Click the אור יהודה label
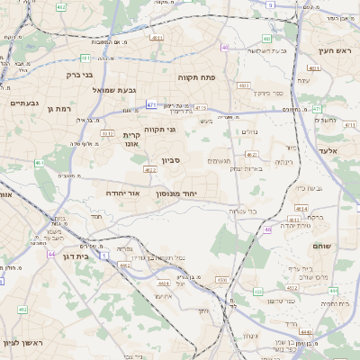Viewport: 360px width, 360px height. pyautogui.click(x=123, y=193)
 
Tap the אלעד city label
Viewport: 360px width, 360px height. pyautogui.click(x=327, y=150)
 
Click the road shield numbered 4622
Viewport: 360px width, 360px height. pyautogui.click(x=150, y=168)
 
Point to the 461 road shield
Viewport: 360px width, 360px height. pyautogui.click(x=40, y=163)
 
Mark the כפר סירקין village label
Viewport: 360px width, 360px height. pyautogui.click(x=266, y=93)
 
